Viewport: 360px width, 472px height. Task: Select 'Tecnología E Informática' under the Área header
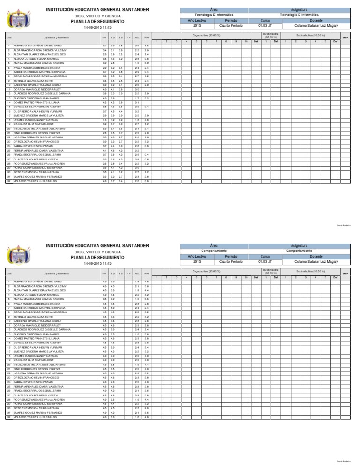(214, 15)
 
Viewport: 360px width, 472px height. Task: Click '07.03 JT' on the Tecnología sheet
(265, 26)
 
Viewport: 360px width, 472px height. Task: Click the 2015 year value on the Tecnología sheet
(197, 26)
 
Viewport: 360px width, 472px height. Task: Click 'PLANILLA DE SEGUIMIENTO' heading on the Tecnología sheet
(97, 22)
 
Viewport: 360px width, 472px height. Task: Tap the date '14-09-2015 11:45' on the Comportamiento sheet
(97, 264)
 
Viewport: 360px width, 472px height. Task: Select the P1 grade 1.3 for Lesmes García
(105, 120)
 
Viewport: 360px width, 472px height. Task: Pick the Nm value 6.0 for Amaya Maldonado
(147, 62)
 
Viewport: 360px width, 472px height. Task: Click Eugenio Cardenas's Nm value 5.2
(147, 98)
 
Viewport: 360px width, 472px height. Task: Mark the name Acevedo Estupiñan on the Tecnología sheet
(32, 45)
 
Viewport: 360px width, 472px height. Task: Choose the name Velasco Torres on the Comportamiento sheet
(32, 417)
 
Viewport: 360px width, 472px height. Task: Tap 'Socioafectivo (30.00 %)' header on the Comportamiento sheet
(307, 271)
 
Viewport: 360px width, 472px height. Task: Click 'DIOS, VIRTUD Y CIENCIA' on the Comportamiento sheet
(97, 252)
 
